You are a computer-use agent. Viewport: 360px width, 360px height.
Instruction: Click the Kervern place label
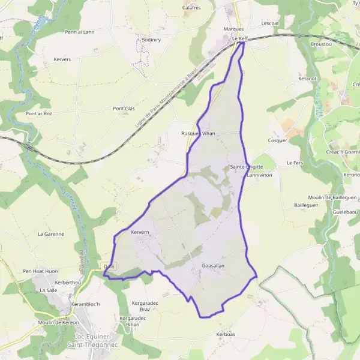coord(139,232)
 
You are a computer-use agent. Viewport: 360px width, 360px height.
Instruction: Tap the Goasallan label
coord(213,265)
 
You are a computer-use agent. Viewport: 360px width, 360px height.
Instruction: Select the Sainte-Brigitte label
coord(246,167)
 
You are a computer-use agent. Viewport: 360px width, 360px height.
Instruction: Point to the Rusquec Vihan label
coord(197,133)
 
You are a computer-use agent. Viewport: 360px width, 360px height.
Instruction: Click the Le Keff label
coord(239,38)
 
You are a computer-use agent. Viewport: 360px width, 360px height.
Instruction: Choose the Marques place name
coord(233,29)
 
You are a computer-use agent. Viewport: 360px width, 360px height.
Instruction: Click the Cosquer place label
coord(278,140)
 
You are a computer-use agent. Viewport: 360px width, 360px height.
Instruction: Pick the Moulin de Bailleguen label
coord(333,197)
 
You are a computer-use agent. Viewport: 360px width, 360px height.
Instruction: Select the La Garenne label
coord(50,234)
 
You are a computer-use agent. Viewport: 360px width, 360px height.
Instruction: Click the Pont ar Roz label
coord(39,113)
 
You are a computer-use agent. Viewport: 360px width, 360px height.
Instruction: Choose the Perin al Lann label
coord(80,32)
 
